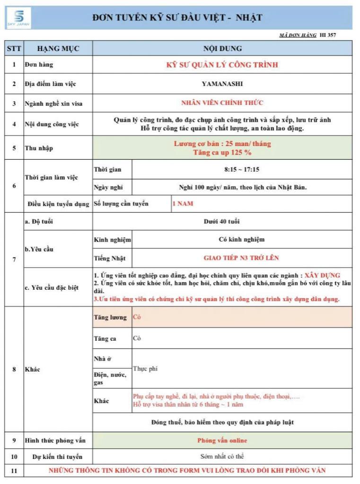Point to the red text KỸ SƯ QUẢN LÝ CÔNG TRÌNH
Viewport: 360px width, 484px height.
pos(222,65)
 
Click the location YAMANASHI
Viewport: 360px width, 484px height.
pos(222,84)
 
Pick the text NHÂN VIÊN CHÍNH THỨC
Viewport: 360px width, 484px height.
pos(222,103)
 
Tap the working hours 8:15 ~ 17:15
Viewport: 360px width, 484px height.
pos(241,169)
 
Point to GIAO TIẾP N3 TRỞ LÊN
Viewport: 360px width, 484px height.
pos(241,258)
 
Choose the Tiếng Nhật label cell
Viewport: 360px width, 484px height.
pos(112,258)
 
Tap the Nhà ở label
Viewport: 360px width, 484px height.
pos(103,359)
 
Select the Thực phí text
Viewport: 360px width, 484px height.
pos(145,369)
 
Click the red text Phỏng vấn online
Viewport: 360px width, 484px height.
pos(222,441)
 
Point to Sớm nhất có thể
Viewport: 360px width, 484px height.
pos(222,457)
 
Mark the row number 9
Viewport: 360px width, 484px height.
pos(14,441)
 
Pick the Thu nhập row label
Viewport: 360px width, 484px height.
pos(39,148)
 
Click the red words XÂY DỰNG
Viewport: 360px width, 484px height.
pos(322,275)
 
